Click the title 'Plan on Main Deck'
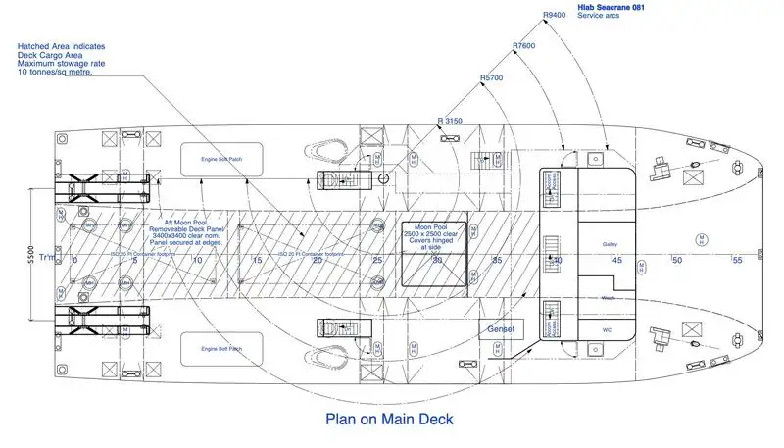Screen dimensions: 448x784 click(389, 419)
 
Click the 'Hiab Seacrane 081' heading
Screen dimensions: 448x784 click(611, 7)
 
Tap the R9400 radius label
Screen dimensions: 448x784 click(555, 16)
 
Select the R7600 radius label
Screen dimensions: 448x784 click(523, 46)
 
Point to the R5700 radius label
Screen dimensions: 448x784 click(491, 77)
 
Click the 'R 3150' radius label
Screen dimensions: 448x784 click(449, 120)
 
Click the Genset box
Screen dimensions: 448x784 click(501, 329)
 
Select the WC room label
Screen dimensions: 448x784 click(607, 329)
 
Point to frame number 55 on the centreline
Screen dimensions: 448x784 click(738, 260)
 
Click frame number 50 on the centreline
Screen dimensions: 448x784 click(677, 260)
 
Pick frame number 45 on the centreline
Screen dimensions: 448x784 click(617, 260)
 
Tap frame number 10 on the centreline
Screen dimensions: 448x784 click(197, 260)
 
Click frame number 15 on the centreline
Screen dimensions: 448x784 click(258, 260)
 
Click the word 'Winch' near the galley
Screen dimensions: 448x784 click(608, 299)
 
